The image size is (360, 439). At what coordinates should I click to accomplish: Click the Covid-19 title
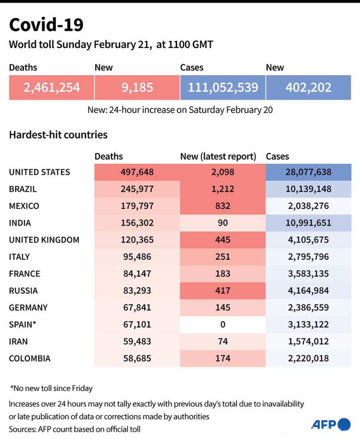click(46, 25)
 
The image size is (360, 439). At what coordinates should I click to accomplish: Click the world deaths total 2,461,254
click(52, 87)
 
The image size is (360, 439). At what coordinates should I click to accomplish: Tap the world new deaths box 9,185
click(137, 87)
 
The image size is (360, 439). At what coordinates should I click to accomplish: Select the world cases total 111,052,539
click(223, 87)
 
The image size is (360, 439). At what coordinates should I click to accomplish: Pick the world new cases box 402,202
click(308, 87)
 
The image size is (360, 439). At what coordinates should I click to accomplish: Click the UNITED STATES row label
click(40, 172)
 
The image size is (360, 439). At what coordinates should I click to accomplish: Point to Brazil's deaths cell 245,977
click(137, 189)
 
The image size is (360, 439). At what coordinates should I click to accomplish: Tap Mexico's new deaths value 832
click(223, 206)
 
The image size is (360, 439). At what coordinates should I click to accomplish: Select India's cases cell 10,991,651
click(308, 223)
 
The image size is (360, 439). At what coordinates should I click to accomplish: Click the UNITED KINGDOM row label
click(44, 240)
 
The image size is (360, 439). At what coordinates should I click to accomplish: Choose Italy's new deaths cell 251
click(223, 257)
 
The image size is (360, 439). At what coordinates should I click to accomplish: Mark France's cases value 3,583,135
click(308, 274)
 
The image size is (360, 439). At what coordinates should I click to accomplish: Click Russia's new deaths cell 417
click(223, 290)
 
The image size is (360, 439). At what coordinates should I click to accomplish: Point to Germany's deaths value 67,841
click(137, 307)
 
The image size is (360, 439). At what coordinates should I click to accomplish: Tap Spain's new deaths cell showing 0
click(223, 324)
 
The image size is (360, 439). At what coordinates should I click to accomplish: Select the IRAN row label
click(19, 341)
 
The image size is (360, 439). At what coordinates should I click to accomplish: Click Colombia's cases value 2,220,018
click(308, 358)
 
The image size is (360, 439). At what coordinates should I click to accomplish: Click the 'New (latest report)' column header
click(218, 156)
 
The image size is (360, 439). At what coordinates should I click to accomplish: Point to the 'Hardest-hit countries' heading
click(58, 134)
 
